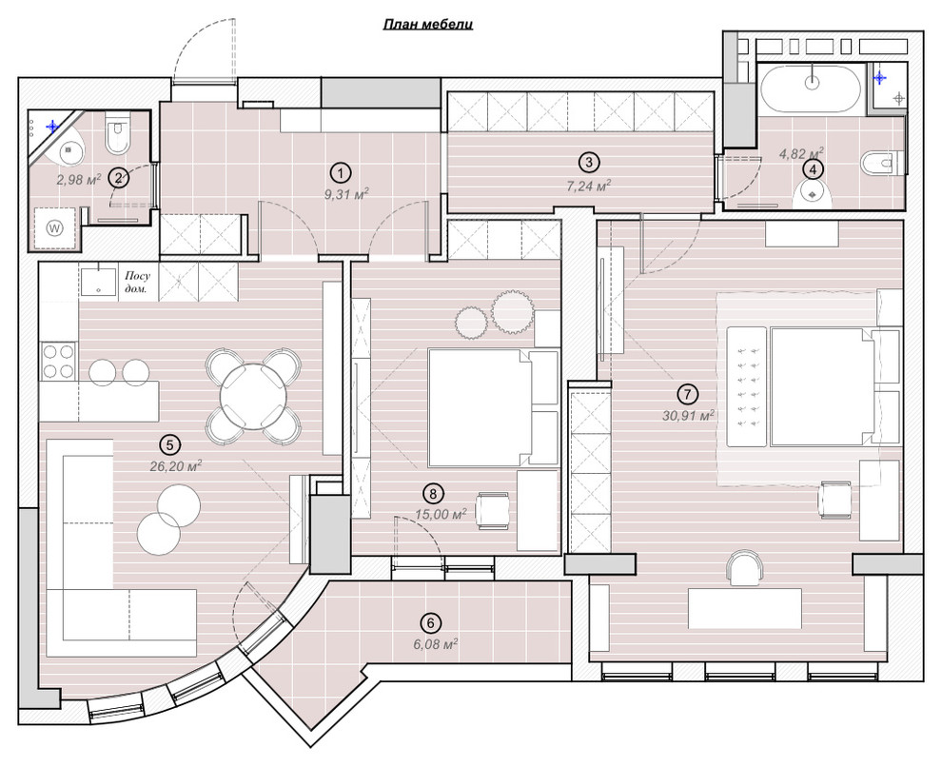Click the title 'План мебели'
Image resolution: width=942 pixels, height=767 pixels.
click(428, 24)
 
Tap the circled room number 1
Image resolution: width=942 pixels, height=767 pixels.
click(340, 173)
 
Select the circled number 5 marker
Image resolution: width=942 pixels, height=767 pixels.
click(170, 444)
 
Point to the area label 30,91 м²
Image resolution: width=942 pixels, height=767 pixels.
click(688, 415)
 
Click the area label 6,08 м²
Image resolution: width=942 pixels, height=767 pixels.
click(431, 644)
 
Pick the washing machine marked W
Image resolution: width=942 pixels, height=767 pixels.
click(55, 227)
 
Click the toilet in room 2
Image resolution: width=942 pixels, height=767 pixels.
click(116, 132)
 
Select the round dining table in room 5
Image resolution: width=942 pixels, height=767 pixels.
click(253, 397)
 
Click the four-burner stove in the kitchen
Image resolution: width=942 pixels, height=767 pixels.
click(58, 361)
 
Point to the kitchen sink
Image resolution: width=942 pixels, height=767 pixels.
click(98, 281)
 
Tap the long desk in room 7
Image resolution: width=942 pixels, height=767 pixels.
click(745, 608)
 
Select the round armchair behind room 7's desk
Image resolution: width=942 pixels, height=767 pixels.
click(745, 567)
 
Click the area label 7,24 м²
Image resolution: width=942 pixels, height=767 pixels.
click(589, 187)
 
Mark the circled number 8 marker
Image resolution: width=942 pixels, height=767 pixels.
click(433, 494)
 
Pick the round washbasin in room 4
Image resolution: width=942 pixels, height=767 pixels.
click(813, 194)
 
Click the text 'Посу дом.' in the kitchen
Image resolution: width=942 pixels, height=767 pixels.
click(138, 283)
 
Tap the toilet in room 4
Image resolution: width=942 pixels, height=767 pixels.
click(882, 163)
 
